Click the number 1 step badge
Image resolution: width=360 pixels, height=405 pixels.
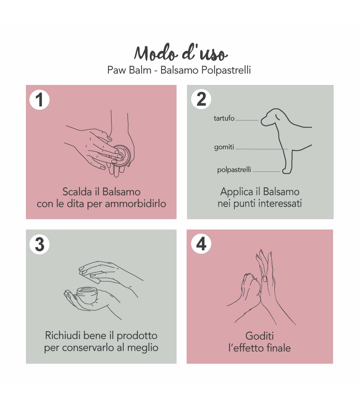40,100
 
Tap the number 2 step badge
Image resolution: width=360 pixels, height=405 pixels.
201,99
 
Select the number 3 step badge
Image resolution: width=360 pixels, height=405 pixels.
40,244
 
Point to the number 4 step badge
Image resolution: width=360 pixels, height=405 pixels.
201,244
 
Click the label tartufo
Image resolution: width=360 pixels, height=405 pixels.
224,118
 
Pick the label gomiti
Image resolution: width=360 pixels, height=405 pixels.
224,147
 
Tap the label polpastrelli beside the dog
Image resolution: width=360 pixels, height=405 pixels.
234,170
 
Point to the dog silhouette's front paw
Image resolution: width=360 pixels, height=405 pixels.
287,170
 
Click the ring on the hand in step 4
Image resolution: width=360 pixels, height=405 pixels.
265,279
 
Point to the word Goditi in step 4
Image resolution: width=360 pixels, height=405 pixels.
259,336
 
